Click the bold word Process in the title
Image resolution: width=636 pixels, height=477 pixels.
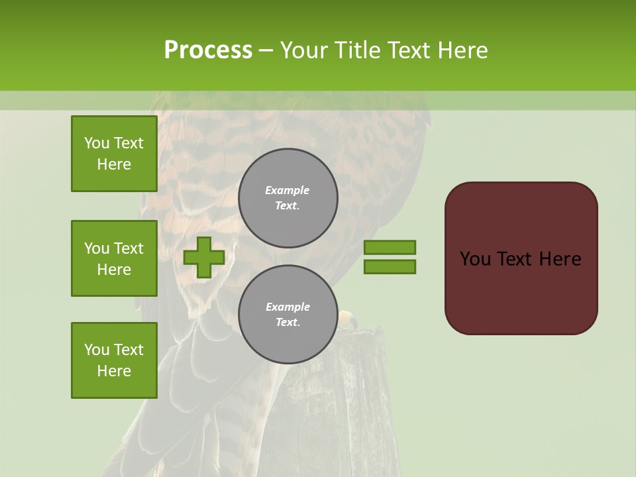click(208, 50)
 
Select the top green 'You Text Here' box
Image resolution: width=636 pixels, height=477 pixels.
click(114, 154)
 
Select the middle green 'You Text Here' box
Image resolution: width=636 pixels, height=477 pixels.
click(114, 258)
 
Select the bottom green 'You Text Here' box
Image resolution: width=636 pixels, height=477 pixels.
click(114, 360)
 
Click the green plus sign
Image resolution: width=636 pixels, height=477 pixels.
click(204, 257)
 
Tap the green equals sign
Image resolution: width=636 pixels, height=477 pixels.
click(390, 257)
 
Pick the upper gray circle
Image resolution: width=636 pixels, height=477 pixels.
click(288, 198)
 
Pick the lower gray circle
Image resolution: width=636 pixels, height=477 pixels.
click(288, 314)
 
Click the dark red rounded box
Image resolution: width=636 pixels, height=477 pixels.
click(521, 258)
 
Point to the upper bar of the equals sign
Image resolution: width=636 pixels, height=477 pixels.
click(390, 247)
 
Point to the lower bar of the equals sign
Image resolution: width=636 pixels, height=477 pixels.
click(390, 267)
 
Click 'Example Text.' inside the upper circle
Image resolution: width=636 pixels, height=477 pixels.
click(288, 198)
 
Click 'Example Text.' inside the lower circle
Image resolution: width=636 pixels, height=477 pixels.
click(288, 315)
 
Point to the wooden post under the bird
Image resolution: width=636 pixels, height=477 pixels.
click(361, 397)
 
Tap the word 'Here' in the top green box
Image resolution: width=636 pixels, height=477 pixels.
click(114, 164)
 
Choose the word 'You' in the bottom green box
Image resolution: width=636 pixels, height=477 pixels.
click(97, 350)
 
